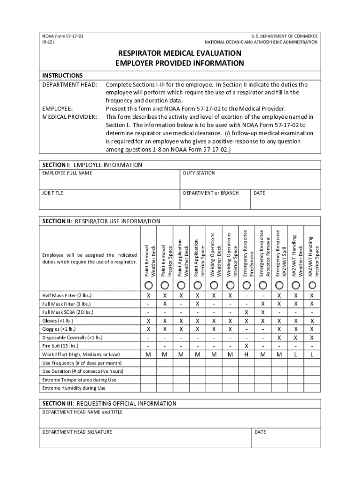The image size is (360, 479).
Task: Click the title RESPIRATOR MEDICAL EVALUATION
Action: [x=180, y=53]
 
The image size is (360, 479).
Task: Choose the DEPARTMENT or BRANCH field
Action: [x=215, y=201]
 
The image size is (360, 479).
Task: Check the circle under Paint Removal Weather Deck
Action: [x=148, y=285]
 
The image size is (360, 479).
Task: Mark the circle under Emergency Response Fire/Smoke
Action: [x=246, y=285]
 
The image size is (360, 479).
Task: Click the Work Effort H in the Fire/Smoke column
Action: [x=246, y=355]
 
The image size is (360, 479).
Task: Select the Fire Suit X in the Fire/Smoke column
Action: [x=246, y=346]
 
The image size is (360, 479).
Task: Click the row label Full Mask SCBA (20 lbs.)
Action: [x=68, y=312]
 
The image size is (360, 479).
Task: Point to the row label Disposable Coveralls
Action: [x=72, y=337]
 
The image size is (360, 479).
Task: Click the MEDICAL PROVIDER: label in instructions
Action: [x=70, y=116]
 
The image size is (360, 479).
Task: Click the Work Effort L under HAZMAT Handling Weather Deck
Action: [x=295, y=355]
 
